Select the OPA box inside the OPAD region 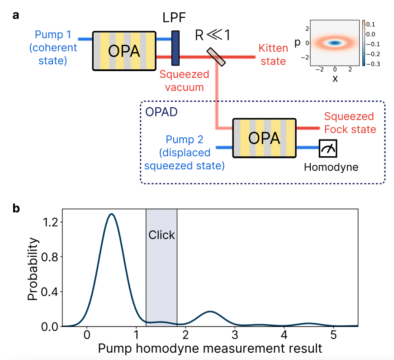(x=264, y=138)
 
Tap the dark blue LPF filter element (x=175, y=48)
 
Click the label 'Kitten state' (x=273, y=54)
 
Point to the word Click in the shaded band (x=161, y=235)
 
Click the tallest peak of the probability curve (x=111, y=214)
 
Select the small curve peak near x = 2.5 (x=210, y=312)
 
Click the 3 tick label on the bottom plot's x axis (x=234, y=337)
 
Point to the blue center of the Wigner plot (x=335, y=43)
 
